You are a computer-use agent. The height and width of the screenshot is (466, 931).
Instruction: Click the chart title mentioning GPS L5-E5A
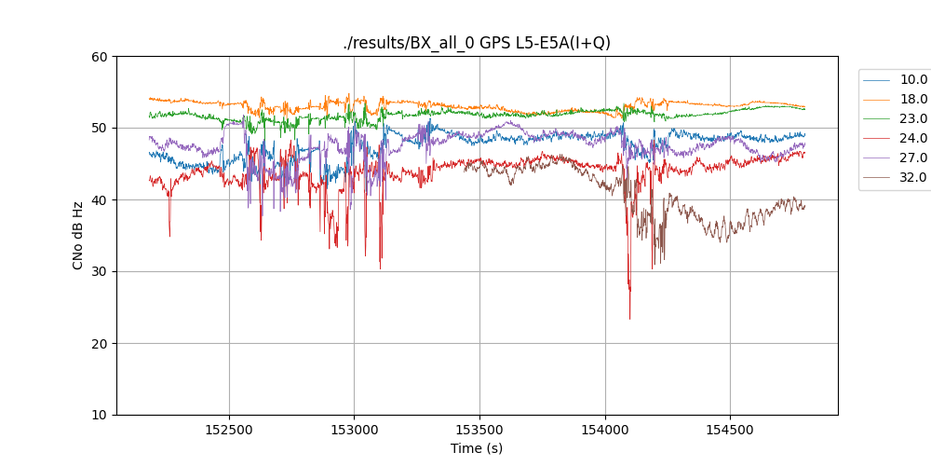pos(477,43)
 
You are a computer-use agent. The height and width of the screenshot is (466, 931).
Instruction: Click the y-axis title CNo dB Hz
pos(78,236)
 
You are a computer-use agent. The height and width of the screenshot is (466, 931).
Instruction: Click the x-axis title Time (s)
pos(477,448)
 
